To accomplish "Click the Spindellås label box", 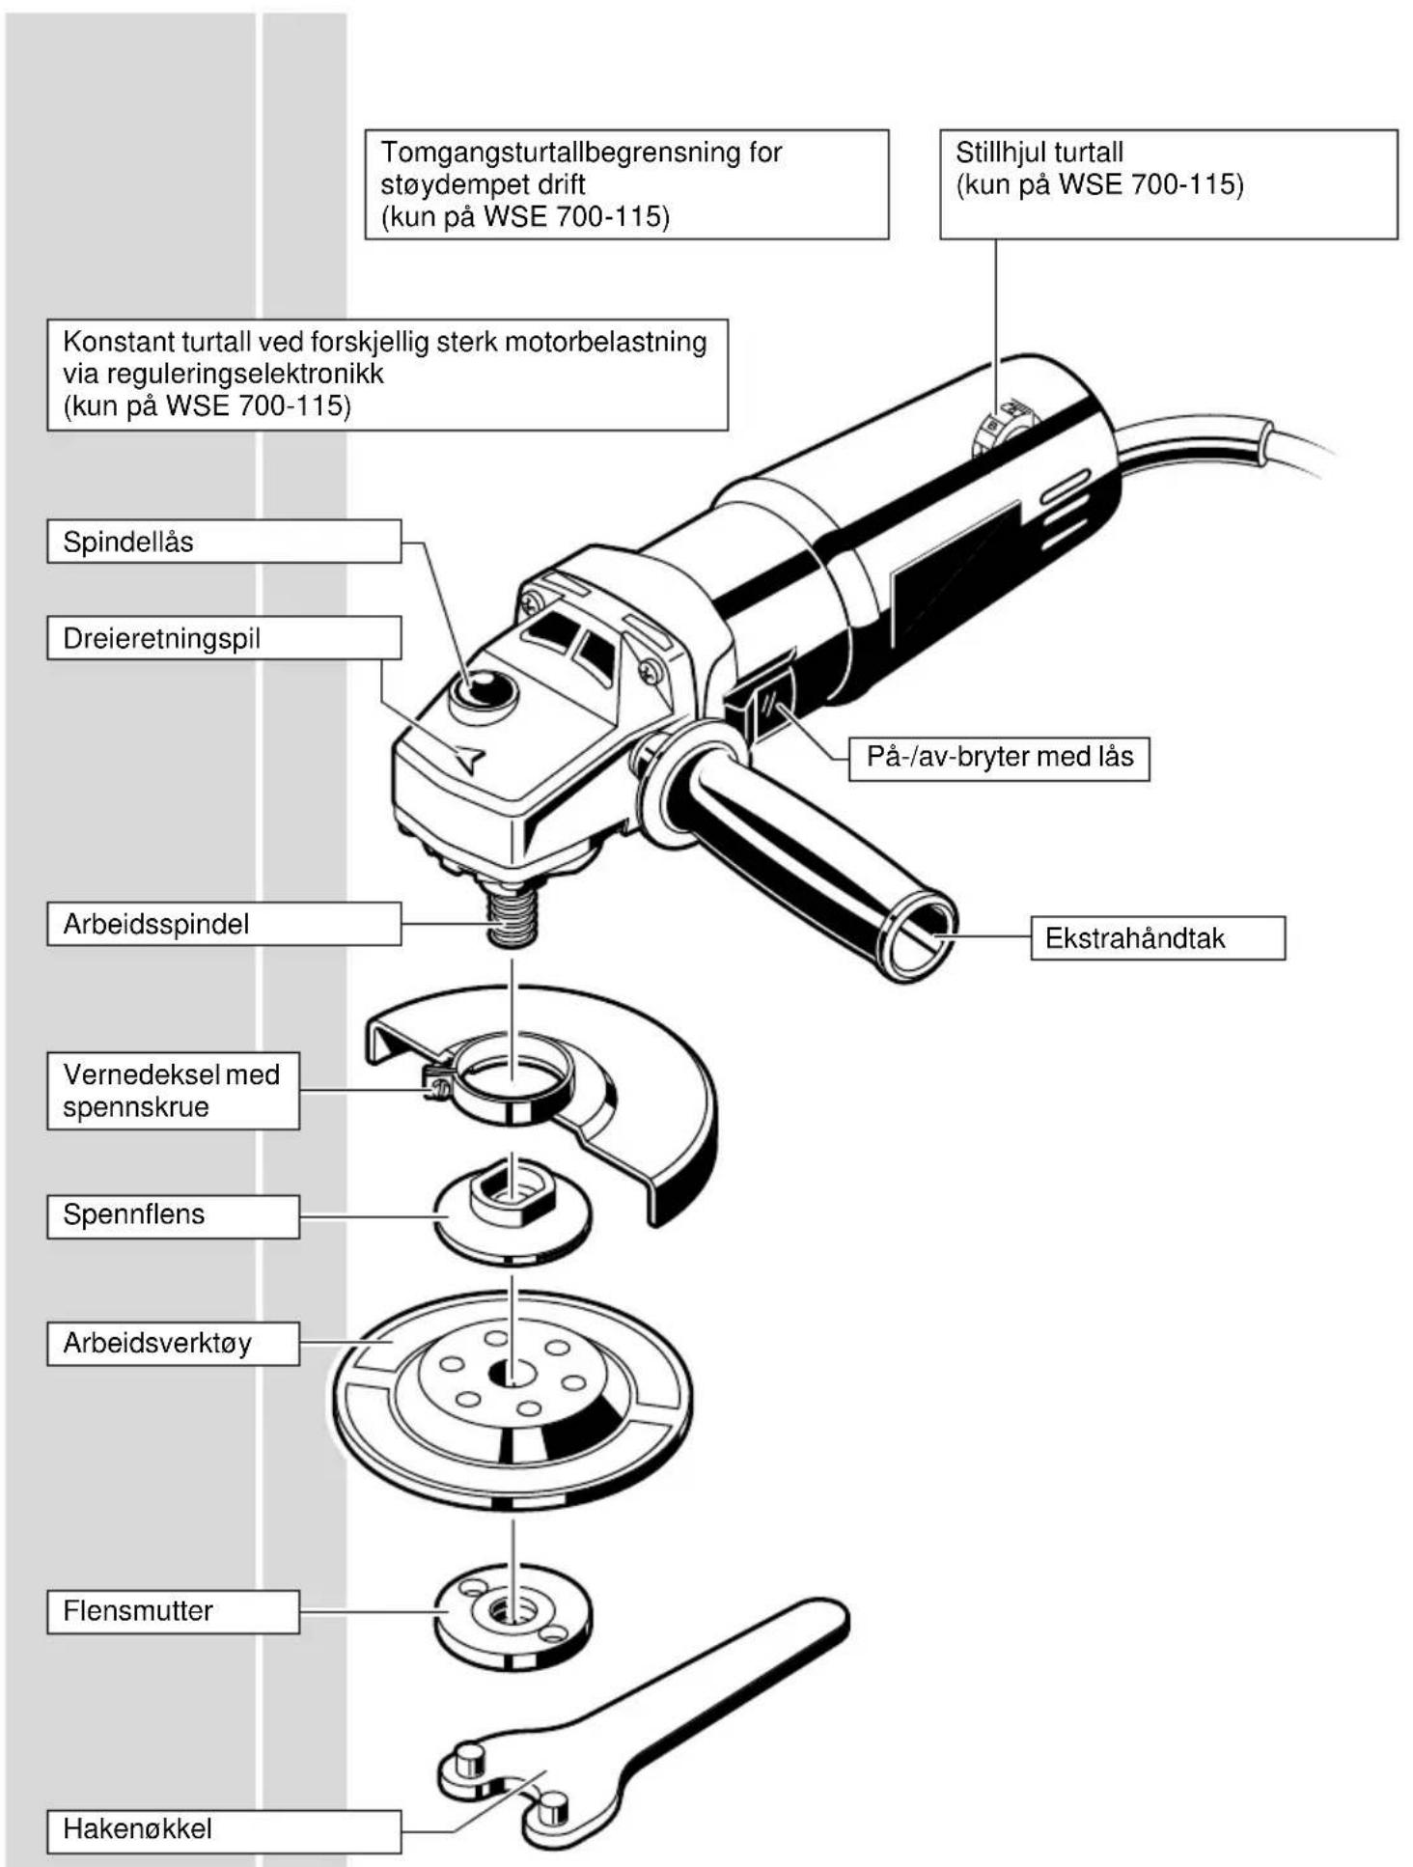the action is point(224,541).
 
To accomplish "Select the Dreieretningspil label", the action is point(224,638).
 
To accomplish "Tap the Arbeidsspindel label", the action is point(224,924).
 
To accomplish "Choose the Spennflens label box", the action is point(173,1215).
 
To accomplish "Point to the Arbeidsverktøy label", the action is point(173,1343).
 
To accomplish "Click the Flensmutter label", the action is point(173,1611).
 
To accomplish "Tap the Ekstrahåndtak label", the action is point(1158,938).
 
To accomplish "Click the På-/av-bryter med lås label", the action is point(999,758).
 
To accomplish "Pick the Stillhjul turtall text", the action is point(1039,153).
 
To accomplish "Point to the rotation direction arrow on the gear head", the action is point(469,760).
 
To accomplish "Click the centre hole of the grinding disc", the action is point(513,1372).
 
